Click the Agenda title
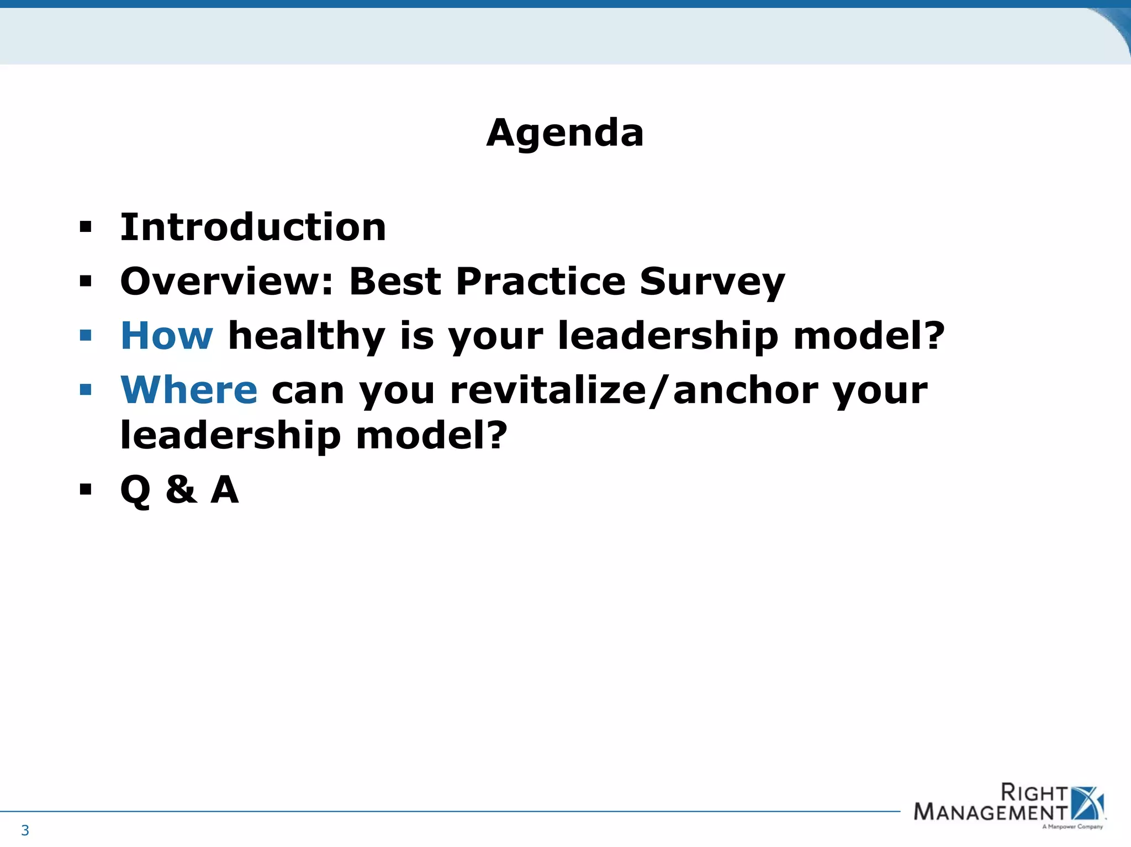pyautogui.click(x=565, y=133)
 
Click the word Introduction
pyautogui.click(x=253, y=227)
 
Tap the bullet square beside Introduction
pyautogui.click(x=85, y=227)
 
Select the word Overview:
pyautogui.click(x=226, y=282)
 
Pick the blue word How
pyautogui.click(x=166, y=336)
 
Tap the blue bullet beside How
pyautogui.click(x=85, y=335)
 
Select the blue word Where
pyautogui.click(x=189, y=390)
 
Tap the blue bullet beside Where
pyautogui.click(x=85, y=390)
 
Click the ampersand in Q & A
pyautogui.click(x=181, y=489)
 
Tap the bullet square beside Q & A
pyautogui.click(x=85, y=489)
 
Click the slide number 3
pyautogui.click(x=25, y=830)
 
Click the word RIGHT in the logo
pyautogui.click(x=1034, y=793)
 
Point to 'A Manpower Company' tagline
pyautogui.click(x=1072, y=827)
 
